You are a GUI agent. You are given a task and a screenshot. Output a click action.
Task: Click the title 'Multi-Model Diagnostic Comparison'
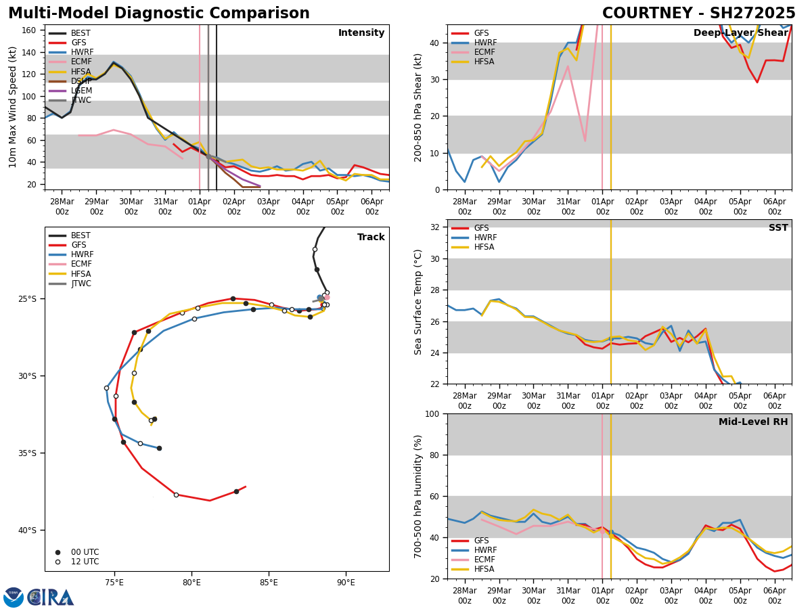click(x=159, y=14)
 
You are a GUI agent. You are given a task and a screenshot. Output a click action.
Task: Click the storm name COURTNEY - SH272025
click(x=698, y=14)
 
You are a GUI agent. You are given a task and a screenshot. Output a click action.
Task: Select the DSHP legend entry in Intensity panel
click(x=82, y=81)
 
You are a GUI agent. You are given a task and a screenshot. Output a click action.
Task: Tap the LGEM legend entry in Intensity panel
click(x=82, y=91)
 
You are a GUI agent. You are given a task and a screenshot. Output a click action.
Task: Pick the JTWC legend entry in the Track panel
click(x=82, y=284)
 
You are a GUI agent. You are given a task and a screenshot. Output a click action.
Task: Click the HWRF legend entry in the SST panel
click(x=485, y=238)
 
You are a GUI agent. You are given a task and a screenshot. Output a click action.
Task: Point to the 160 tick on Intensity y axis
click(x=30, y=30)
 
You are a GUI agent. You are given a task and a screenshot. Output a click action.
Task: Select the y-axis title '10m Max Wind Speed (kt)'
click(x=12, y=107)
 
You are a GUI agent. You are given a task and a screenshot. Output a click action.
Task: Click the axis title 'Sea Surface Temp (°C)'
click(x=418, y=302)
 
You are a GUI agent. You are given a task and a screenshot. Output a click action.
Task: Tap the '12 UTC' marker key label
click(x=85, y=562)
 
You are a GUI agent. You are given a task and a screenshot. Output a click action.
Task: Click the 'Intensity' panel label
click(x=361, y=33)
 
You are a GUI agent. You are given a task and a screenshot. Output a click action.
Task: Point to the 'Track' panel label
click(x=371, y=238)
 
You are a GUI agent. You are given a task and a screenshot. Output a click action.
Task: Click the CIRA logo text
click(x=51, y=597)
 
